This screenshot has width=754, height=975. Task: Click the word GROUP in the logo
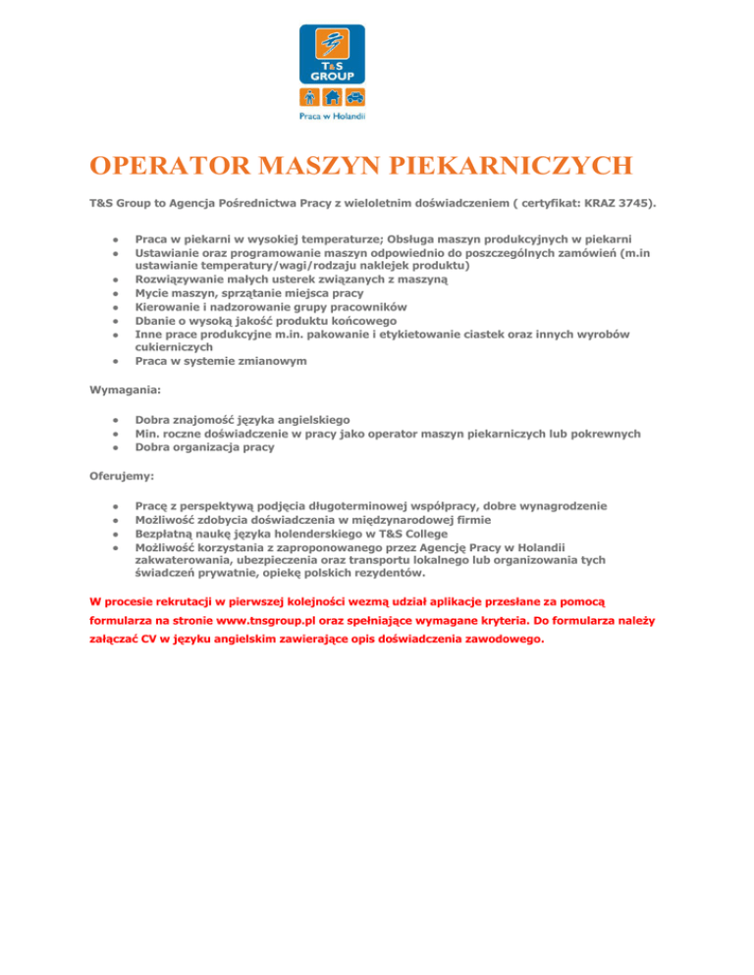pos(332,74)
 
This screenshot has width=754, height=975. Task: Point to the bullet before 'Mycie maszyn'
pos(115,292)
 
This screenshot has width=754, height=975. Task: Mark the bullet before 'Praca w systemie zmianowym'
pos(115,361)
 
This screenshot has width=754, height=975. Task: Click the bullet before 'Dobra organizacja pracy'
pos(115,447)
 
